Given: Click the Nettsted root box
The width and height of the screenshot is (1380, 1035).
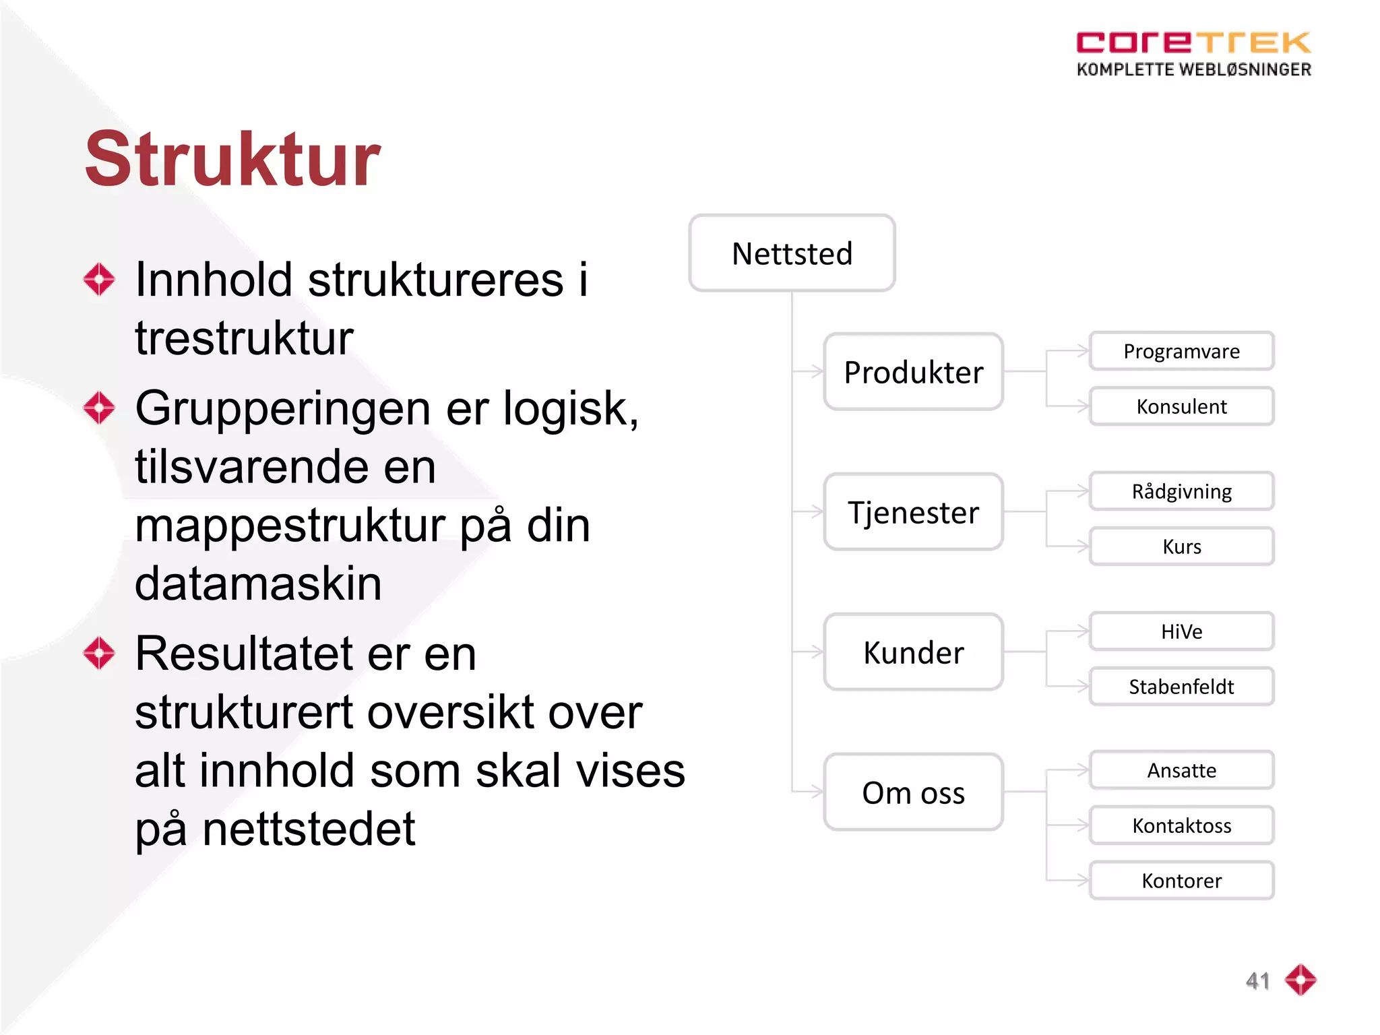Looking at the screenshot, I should (x=792, y=253).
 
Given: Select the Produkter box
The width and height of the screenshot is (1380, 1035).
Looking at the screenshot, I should (x=913, y=372).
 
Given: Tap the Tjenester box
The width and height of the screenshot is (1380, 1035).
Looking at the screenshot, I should (x=913, y=512).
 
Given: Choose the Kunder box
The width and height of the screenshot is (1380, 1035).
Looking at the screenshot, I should (x=913, y=652).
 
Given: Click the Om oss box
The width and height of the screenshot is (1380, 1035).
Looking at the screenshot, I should (x=913, y=792).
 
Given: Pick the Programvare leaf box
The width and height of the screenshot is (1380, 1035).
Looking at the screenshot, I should (x=1181, y=351).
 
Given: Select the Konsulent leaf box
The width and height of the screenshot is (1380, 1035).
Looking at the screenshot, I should (x=1181, y=406).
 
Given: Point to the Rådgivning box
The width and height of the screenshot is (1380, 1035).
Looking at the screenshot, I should (x=1181, y=491).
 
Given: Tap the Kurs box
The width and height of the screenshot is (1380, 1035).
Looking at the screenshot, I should (x=1181, y=546).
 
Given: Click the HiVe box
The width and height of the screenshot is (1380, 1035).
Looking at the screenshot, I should (x=1181, y=631).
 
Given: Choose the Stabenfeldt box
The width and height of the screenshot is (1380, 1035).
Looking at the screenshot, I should (x=1181, y=687).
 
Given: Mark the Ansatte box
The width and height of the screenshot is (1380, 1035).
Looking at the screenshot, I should (x=1181, y=770).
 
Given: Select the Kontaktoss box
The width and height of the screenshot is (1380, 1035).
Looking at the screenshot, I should (x=1181, y=825).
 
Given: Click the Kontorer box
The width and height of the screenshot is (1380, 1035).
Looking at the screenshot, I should (x=1181, y=881).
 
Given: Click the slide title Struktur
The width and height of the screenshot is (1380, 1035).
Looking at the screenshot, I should (x=232, y=160).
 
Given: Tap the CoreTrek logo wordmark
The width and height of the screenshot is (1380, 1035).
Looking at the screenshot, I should (x=1193, y=43).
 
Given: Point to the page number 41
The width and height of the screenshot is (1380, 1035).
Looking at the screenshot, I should (x=1257, y=980).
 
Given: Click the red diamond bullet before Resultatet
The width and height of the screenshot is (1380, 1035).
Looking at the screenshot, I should (x=100, y=653).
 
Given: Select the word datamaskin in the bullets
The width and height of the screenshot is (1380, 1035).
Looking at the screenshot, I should (x=258, y=584).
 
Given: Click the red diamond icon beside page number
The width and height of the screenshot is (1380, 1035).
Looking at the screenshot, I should (x=1300, y=980).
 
